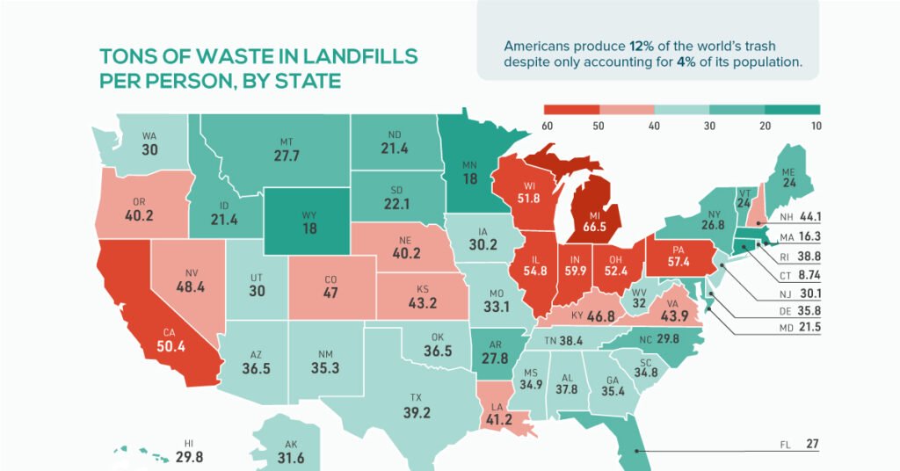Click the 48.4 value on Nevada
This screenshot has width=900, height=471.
point(190,263)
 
